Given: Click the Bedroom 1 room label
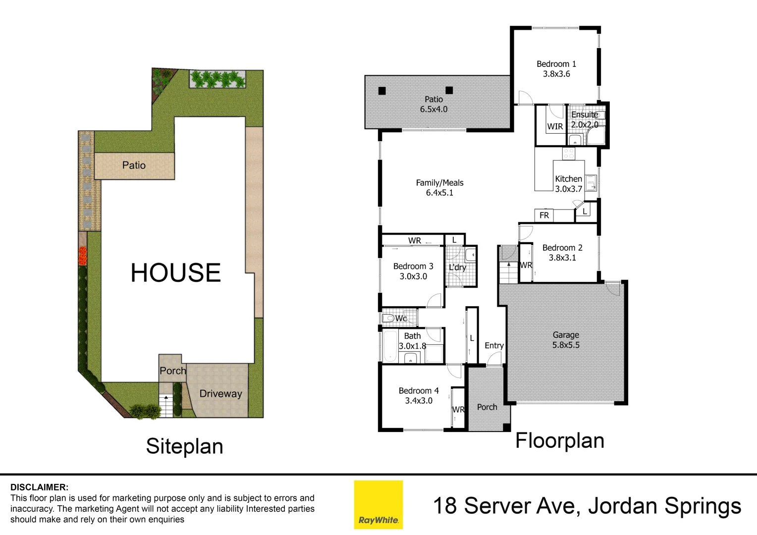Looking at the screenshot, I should (x=556, y=64).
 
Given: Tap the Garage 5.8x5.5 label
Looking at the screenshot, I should (x=566, y=340).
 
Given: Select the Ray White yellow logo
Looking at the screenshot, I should (x=378, y=504).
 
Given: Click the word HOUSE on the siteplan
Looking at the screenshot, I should (x=175, y=272).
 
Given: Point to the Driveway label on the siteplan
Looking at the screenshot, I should (x=220, y=393).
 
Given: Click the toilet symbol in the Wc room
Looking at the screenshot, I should (x=388, y=318).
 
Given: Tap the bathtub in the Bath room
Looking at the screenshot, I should (x=389, y=346).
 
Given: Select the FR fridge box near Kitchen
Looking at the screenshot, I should (x=544, y=215).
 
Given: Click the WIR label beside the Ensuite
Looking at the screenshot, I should (x=555, y=126).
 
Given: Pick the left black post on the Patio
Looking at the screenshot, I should (x=382, y=91).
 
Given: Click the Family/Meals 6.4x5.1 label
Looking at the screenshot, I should (x=439, y=187).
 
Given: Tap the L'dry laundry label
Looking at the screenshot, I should (x=457, y=267).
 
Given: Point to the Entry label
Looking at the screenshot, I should (x=494, y=345).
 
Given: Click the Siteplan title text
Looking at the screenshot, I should (x=184, y=446).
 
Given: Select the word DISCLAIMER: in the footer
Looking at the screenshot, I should (x=39, y=487).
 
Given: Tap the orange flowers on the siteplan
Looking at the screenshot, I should (x=82, y=256).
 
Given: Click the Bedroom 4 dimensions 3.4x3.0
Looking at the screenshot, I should (x=419, y=400).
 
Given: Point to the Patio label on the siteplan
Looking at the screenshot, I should (x=134, y=165).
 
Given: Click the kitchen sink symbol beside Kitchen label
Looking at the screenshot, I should (x=591, y=183).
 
